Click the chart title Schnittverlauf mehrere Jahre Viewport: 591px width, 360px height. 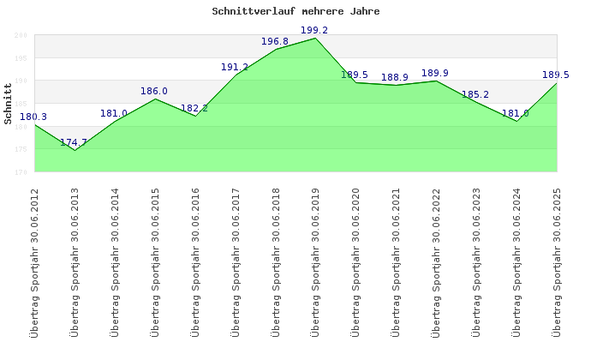click(x=295, y=12)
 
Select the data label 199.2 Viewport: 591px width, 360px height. click(x=314, y=30)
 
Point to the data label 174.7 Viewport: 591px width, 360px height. click(x=74, y=142)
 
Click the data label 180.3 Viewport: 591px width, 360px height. click(x=33, y=117)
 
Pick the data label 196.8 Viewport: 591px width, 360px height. click(x=275, y=41)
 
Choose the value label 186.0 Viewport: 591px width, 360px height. click(x=154, y=91)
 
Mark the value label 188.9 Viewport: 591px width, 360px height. click(x=395, y=77)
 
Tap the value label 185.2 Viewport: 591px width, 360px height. click(x=475, y=94)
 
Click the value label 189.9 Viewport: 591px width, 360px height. click(x=435, y=73)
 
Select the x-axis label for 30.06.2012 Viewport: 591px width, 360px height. click(x=34, y=262)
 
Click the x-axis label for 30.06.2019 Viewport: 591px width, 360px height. click(x=315, y=262)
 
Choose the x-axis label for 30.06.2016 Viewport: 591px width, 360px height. click(x=195, y=262)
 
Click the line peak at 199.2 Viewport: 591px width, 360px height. click(x=315, y=38)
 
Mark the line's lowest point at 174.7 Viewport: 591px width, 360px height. click(x=75, y=150)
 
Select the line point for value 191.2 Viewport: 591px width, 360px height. click(x=235, y=75)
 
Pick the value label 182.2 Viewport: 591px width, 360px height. click(x=194, y=108)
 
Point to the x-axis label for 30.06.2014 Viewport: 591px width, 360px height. click(x=115, y=262)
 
